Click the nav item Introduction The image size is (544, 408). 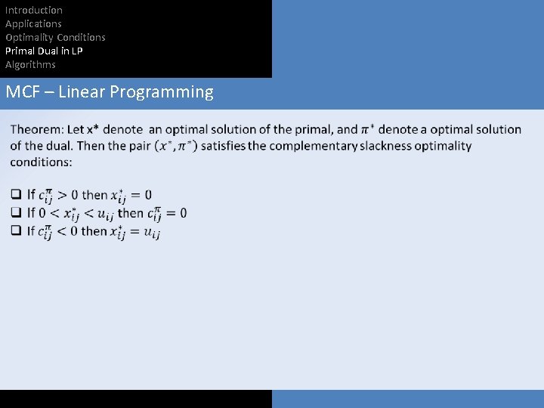point(34,10)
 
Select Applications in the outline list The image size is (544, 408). point(33,23)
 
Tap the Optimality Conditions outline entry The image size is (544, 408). point(55,37)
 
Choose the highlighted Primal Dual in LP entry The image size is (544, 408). point(44,51)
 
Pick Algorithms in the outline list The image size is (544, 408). point(30,64)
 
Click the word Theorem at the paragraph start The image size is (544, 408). point(37,130)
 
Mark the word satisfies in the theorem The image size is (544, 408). point(224,146)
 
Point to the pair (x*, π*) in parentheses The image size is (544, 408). point(175,146)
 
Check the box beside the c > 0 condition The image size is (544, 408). point(16,195)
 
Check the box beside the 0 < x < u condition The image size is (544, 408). point(16,213)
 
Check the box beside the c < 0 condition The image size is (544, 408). point(16,231)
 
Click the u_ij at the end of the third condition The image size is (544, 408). point(150,233)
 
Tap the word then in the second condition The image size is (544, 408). point(130,213)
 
